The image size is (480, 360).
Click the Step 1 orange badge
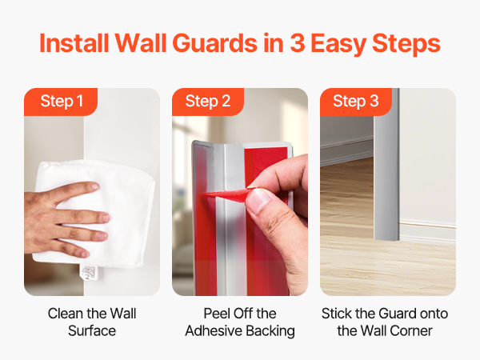[61, 102]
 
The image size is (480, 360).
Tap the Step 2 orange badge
[208, 102]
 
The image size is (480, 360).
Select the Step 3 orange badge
[356, 102]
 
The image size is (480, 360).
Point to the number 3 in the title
[298, 43]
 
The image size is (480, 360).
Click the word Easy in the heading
[338, 45]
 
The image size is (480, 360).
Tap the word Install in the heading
[74, 43]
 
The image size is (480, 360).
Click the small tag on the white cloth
[89, 273]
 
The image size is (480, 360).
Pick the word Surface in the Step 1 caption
[92, 331]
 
